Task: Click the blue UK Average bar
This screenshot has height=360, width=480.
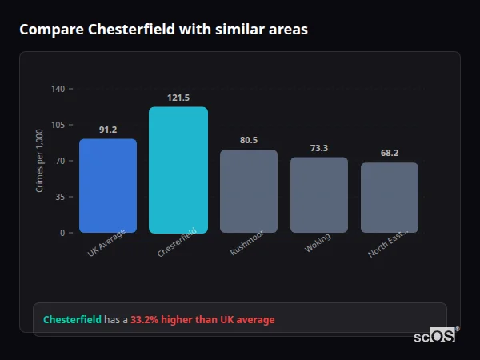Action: coord(108,186)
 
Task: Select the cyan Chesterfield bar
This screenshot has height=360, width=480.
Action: coord(178,170)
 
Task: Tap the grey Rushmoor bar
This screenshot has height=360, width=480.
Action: coord(249,191)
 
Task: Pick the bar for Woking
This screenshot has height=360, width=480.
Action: coord(319,194)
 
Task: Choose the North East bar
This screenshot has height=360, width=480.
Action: coord(390,198)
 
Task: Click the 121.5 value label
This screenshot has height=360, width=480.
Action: coord(178,98)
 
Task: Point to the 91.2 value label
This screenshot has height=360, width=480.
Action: coord(108,130)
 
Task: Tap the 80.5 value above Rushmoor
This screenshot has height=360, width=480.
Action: coord(249,140)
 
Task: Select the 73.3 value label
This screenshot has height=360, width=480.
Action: coord(319,148)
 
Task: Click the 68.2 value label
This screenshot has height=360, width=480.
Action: coord(390,153)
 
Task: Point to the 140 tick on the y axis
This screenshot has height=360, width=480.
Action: coord(58,89)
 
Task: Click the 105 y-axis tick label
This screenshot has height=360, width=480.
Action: coord(58,125)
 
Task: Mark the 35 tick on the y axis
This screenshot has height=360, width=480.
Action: coord(60,197)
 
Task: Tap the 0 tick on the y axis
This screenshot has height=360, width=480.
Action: coord(62,233)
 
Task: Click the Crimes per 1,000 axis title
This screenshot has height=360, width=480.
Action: coord(40,160)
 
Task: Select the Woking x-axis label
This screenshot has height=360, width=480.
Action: coord(318,243)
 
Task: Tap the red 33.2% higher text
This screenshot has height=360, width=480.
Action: coord(202,320)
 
